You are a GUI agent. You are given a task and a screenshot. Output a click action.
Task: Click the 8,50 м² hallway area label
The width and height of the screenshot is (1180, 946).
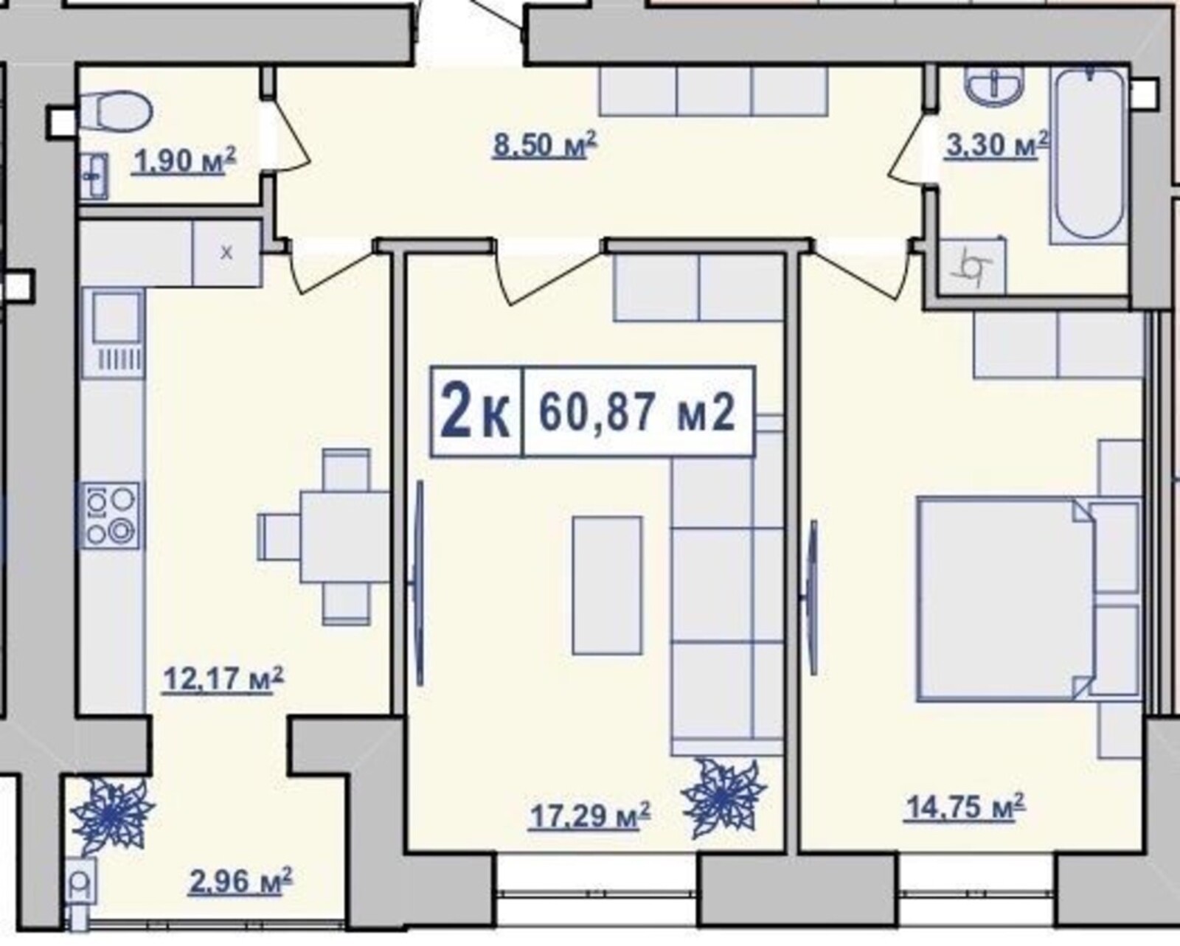pos(544,145)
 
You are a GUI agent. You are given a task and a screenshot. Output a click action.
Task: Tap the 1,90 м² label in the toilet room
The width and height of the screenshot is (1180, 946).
pos(183,161)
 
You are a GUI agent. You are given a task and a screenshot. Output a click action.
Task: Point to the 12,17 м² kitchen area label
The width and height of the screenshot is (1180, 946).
pos(223,680)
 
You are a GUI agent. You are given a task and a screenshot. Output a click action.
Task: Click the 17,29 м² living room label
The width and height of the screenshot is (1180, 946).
pos(590,816)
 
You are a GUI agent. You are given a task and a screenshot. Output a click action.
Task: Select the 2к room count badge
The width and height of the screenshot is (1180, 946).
pos(476,412)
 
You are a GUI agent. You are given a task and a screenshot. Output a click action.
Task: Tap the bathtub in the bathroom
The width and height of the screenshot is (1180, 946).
pos(1089,157)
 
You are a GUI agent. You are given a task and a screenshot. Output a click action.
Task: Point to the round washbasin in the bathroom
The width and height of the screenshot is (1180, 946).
pos(993,86)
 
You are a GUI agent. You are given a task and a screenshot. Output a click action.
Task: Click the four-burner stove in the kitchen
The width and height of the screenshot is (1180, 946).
pos(111,515)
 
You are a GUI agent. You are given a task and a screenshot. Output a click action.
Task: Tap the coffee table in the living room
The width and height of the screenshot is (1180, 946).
pos(607,585)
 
